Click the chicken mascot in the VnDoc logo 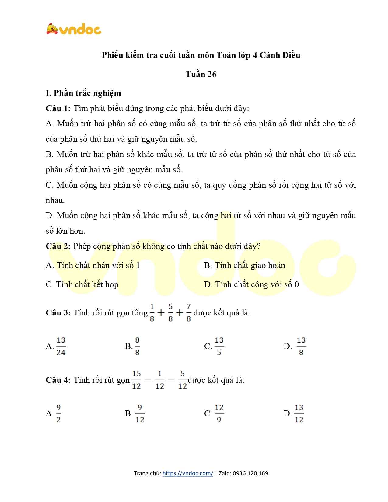click(52, 29)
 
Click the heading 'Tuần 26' click(201, 74)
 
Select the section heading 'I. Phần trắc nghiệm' click(83, 93)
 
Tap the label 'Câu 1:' click(58, 109)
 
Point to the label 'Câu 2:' click(58, 246)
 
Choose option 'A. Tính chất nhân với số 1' click(93, 265)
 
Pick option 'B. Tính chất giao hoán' click(245, 265)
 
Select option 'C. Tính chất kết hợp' click(82, 284)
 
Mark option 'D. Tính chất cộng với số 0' click(251, 284)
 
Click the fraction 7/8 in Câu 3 click(188, 312)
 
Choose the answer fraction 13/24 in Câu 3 click(61, 346)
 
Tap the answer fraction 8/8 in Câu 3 click(137, 346)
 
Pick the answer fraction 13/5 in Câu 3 click(219, 346)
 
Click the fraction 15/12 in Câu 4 click(136, 380)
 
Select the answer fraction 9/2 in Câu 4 click(58, 413)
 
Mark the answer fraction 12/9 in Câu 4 click(219, 413)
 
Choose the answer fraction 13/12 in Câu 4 click(299, 413)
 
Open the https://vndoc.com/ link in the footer click(187, 473)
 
